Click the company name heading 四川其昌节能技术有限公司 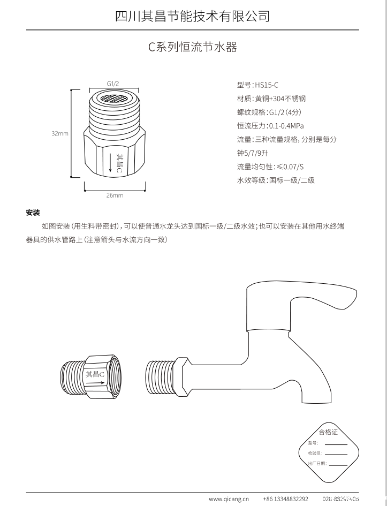[193, 16]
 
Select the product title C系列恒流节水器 [193, 47]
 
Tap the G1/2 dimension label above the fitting [112, 84]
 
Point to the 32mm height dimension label [59, 134]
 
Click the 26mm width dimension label [115, 195]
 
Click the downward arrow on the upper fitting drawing [110, 163]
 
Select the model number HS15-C [267, 85]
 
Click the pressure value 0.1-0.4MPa [286, 126]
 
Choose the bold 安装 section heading [33, 213]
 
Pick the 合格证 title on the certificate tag [328, 432]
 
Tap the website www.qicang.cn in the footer [229, 499]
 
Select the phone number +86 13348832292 [286, 499]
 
